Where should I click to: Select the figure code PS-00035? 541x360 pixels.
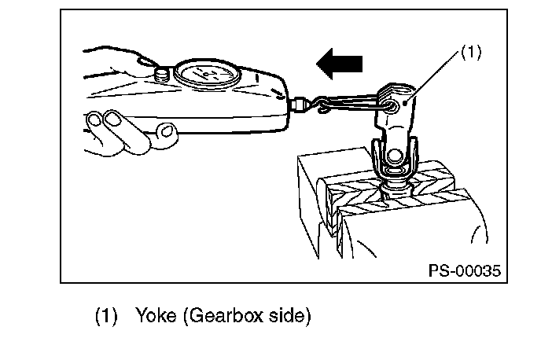(464, 270)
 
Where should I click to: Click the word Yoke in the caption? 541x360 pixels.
(157, 317)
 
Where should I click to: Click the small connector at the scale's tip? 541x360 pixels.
(300, 102)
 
